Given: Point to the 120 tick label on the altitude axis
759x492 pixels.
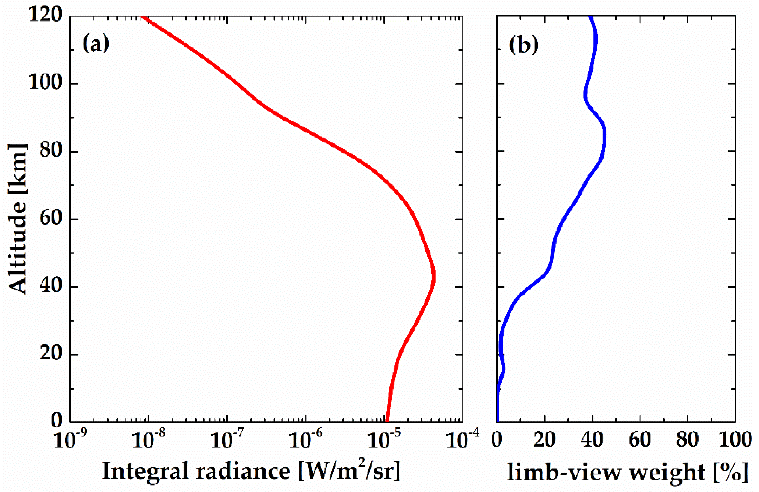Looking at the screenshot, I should tap(45, 15).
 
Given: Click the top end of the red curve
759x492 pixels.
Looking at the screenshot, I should tap(143, 17).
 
